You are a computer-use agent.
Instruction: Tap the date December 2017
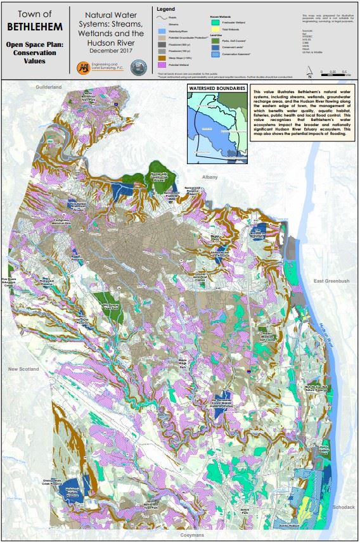coord(111,49)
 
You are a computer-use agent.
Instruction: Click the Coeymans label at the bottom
coord(179,535)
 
